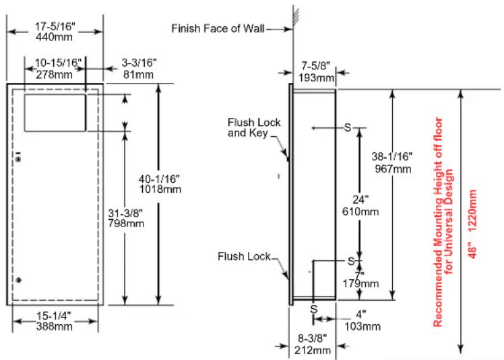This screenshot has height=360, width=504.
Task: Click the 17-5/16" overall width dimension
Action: point(55,26)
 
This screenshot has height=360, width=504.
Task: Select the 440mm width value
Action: point(55,37)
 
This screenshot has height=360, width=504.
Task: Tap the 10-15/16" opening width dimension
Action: point(58,63)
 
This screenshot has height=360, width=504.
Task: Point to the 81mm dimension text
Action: point(138,75)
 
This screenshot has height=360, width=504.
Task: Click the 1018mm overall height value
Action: point(160,189)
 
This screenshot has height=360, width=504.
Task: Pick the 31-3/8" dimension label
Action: point(125,213)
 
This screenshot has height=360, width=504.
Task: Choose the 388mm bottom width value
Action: point(55,326)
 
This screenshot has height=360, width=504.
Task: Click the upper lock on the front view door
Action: point(18,159)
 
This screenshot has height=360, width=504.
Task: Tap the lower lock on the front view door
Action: point(18,280)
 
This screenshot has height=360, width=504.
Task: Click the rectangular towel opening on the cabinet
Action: point(55,113)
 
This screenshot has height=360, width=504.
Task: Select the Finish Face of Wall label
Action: point(218,28)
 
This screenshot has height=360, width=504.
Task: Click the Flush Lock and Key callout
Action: point(254,127)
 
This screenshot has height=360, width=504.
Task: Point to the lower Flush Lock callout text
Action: point(245,256)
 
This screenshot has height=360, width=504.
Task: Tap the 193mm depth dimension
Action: point(316,78)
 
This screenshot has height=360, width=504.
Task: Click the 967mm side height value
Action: point(393,169)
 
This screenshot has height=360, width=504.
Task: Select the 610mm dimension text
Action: point(360,212)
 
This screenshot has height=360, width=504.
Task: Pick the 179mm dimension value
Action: point(360,283)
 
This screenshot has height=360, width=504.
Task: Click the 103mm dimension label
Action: point(363,326)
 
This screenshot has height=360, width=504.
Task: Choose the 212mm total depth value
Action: point(313,350)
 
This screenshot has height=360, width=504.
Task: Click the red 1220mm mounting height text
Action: point(472,208)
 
